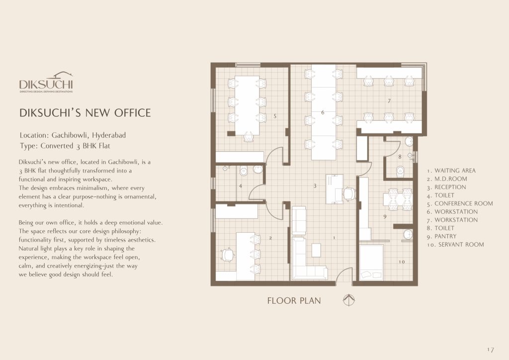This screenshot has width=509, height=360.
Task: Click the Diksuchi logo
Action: coord(46,83)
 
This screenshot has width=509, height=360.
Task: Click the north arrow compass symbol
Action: coord(348,300)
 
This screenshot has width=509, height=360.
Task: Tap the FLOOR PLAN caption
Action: coord(294,301)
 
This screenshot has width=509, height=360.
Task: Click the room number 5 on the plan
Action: coord(275,116)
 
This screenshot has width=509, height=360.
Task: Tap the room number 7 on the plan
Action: coord(389,101)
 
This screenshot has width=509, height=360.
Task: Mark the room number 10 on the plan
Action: coord(402,262)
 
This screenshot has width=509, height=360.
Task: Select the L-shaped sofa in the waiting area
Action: coord(308,259)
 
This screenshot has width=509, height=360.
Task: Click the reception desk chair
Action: coord(349,194)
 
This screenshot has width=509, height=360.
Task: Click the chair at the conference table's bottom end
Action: coord(249,137)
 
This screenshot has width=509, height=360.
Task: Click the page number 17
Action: coord(490,350)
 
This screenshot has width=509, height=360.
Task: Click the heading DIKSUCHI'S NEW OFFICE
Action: coord(85,113)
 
